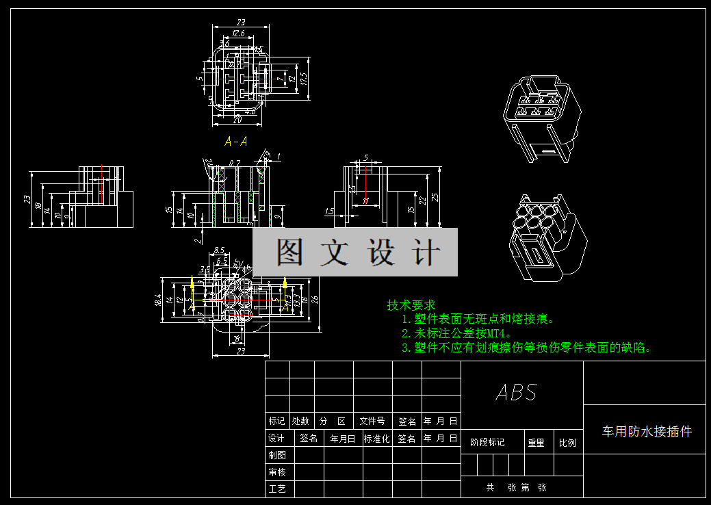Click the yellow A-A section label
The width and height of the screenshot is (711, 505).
[x=236, y=142]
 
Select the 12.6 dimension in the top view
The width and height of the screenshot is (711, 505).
[x=238, y=33]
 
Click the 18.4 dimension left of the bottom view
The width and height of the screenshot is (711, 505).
[x=159, y=299]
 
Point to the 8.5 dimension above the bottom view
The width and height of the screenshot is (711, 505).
[x=219, y=250]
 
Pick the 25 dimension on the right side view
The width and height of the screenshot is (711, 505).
[x=434, y=198]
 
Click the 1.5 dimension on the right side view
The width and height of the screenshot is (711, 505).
[x=330, y=212]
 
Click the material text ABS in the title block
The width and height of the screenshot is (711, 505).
[x=517, y=393]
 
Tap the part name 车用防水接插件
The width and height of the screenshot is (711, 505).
[x=647, y=431]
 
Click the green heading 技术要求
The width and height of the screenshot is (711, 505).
[x=411, y=305]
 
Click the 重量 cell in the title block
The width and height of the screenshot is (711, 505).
[x=536, y=443]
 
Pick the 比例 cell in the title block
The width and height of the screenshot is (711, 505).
[x=567, y=443]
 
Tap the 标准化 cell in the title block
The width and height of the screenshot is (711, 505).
[x=376, y=439]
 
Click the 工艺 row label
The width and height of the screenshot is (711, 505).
[x=277, y=489]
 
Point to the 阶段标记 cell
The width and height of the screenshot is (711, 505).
[x=487, y=443]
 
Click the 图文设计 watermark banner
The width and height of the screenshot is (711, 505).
[x=355, y=252]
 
